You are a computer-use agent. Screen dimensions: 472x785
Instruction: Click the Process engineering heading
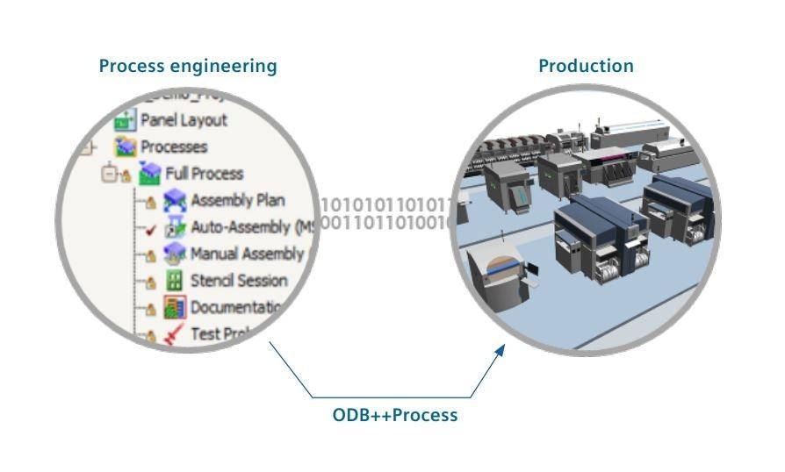click(x=187, y=66)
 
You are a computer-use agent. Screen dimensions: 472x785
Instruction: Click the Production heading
click(x=586, y=66)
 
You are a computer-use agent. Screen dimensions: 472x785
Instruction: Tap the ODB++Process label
click(x=394, y=415)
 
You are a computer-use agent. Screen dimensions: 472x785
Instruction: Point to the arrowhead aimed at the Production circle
click(x=501, y=350)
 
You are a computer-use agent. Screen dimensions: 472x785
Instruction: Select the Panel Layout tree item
click(x=184, y=120)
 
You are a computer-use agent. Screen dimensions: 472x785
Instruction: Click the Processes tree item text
click(x=174, y=147)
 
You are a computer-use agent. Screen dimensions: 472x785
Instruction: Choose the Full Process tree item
click(x=204, y=174)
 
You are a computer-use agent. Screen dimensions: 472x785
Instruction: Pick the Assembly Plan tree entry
click(x=237, y=200)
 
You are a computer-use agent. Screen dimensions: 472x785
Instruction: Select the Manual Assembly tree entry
click(x=246, y=254)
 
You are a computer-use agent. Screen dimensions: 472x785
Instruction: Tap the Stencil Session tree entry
click(x=239, y=281)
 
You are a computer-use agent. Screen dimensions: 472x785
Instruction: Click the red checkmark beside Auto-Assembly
click(x=150, y=230)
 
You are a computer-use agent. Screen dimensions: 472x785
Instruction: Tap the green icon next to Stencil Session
click(x=175, y=282)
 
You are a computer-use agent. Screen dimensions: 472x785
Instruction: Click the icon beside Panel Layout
click(x=126, y=121)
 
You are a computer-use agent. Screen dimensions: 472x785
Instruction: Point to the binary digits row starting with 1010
click(x=387, y=205)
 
